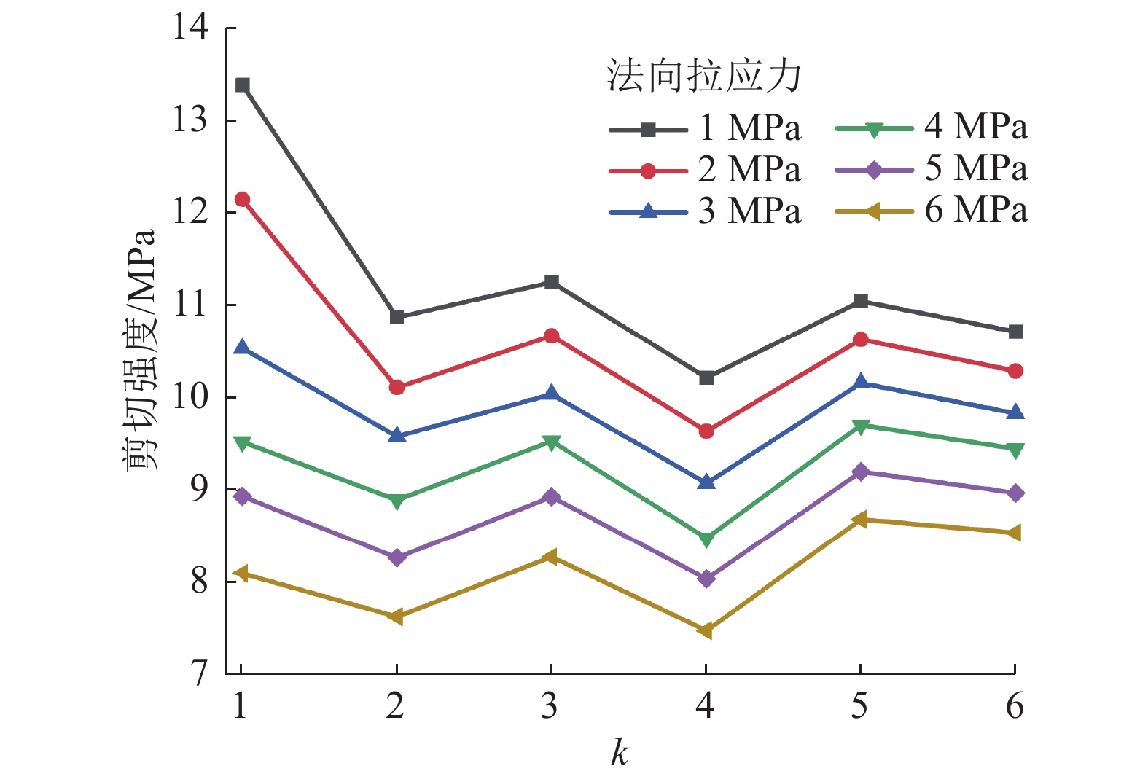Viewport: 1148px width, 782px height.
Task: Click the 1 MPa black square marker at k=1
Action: coord(243,85)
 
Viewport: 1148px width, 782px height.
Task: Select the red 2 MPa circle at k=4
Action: coord(706,431)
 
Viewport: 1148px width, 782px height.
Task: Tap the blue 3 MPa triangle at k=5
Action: coord(861,382)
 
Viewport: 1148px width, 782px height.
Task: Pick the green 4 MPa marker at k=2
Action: coord(397,501)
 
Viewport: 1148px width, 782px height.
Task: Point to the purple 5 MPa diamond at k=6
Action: coord(1015,493)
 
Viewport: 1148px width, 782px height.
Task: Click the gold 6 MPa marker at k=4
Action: coord(705,630)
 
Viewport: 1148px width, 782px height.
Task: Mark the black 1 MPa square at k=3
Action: coord(552,282)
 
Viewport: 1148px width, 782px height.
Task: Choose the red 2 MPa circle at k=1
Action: coord(243,200)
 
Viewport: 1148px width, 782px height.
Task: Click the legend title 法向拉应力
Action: coord(704,76)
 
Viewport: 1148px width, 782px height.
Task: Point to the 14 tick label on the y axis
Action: coord(190,28)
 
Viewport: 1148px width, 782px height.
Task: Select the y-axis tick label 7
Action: coord(199,673)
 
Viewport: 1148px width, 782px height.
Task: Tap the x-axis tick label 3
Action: coord(550,706)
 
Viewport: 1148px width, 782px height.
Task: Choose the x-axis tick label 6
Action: coord(1015,706)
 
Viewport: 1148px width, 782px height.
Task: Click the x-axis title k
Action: coord(620,753)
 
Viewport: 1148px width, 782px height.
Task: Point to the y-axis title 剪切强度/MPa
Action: coord(140,350)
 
